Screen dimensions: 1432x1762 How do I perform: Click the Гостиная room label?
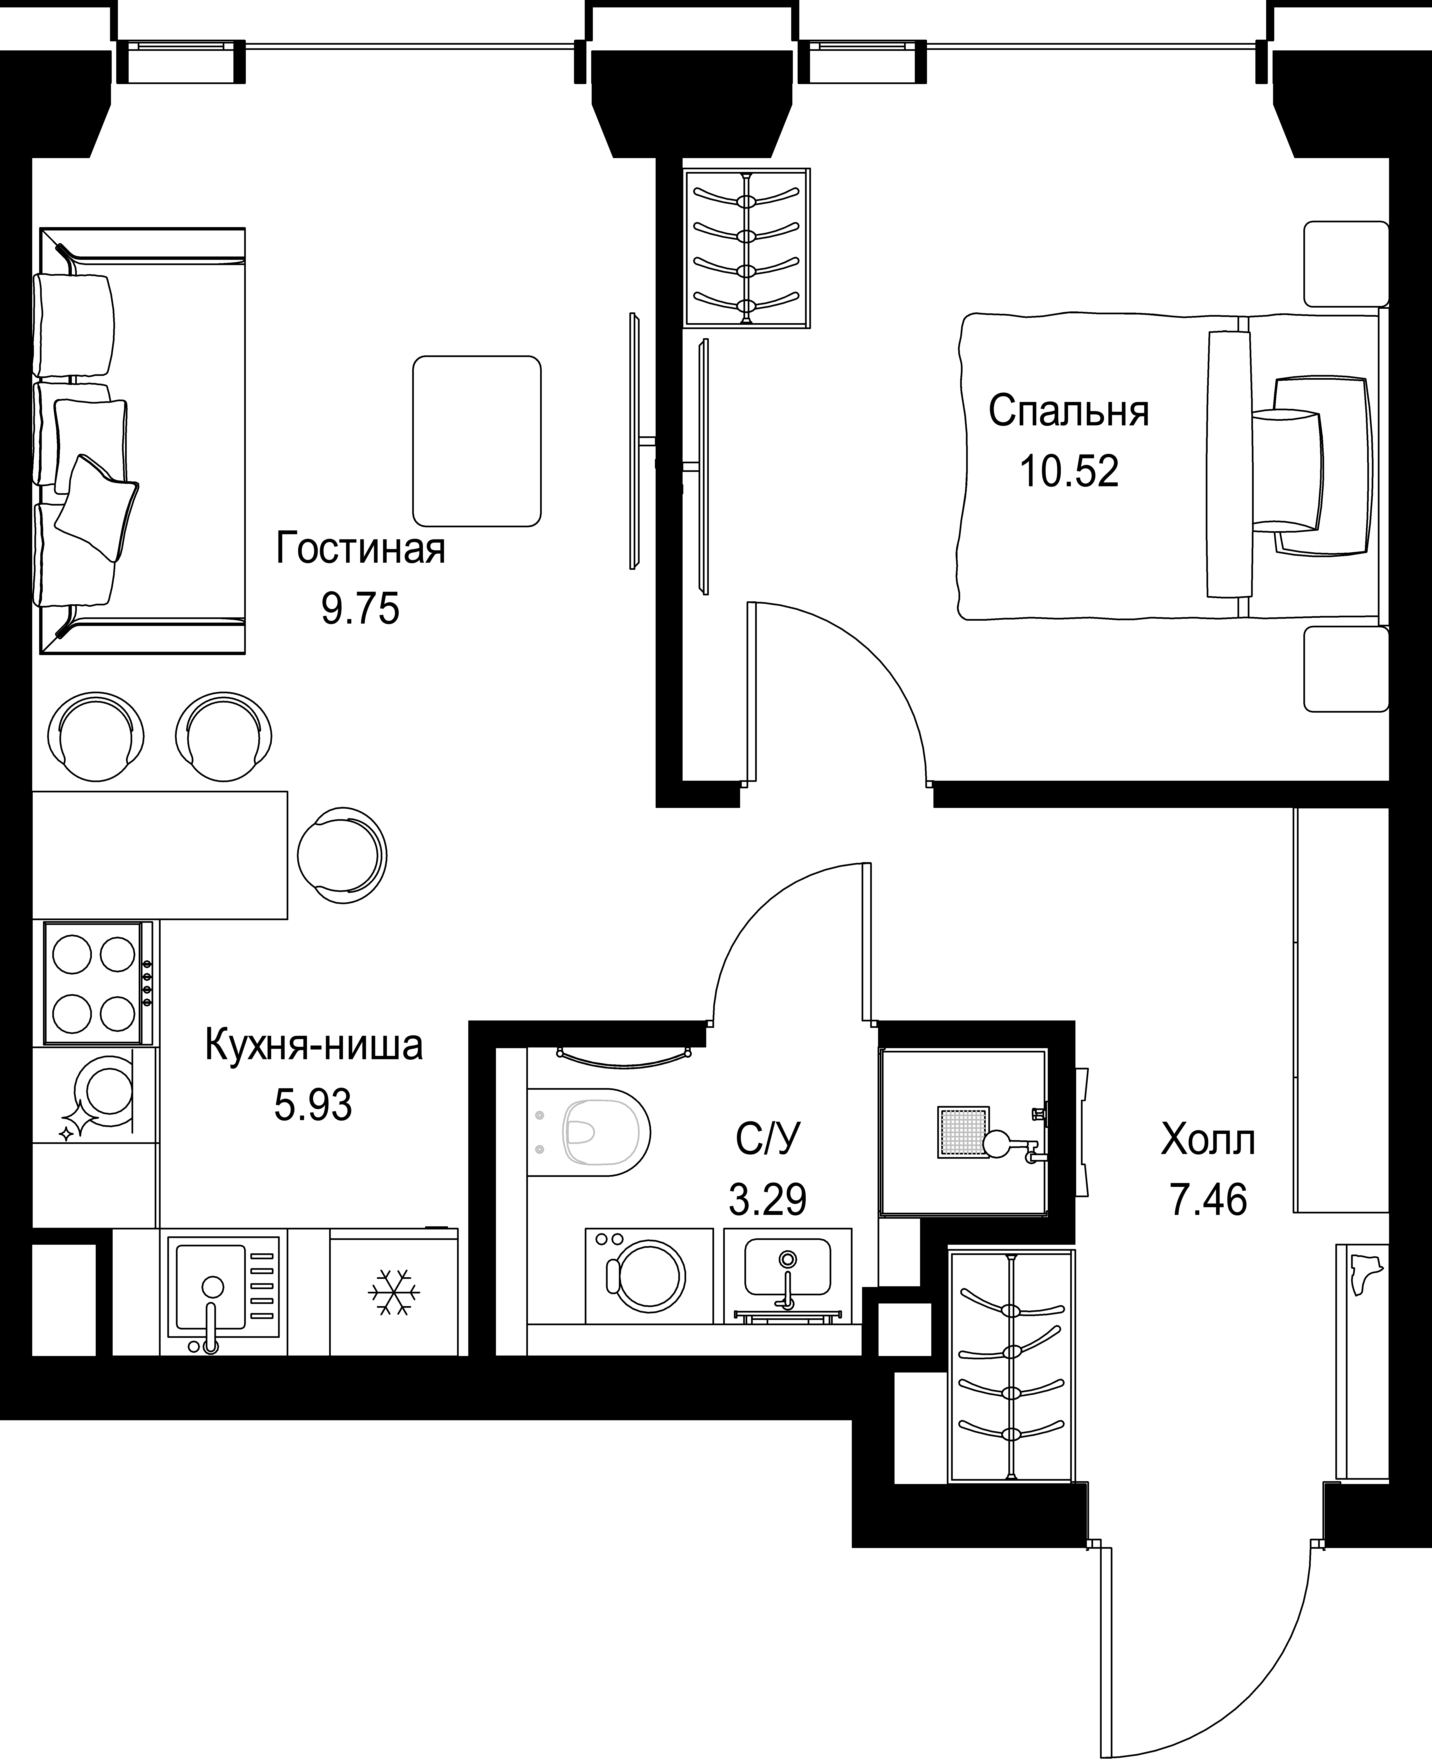coord(360,549)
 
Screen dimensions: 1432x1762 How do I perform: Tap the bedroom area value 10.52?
coord(1069,471)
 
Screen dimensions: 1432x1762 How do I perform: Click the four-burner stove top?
coord(96,982)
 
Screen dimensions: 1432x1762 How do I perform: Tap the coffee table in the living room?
coord(477,441)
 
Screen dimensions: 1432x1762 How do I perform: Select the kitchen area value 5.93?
coord(313,1105)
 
